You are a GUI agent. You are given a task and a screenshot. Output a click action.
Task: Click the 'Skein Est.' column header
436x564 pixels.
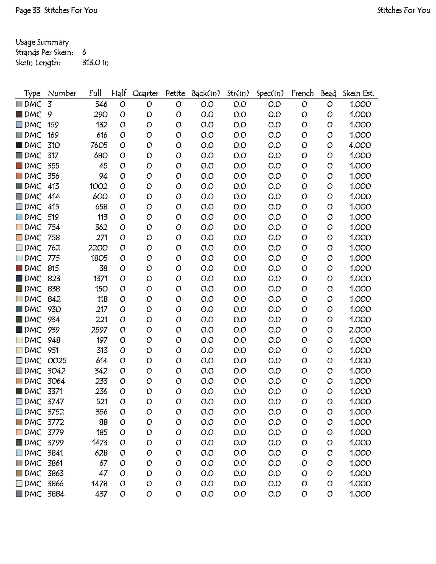coord(358,94)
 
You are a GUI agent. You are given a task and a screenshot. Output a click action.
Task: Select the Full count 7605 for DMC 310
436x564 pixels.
coord(99,145)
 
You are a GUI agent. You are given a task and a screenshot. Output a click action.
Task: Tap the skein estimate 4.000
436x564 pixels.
coord(360,145)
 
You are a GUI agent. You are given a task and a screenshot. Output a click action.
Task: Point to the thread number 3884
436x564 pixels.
coord(56,494)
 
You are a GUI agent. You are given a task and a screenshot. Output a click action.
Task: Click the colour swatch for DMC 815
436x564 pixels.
coord(19,268)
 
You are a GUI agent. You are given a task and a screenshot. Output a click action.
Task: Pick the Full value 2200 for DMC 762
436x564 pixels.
coord(98,248)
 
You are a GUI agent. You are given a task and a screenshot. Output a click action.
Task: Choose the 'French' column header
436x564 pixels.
coord(302,94)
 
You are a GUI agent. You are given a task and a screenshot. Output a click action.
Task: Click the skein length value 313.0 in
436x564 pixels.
coord(95,63)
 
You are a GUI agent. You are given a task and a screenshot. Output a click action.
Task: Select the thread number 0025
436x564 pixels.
coord(57,361)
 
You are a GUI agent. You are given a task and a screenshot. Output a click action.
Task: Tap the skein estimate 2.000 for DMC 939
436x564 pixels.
coord(360,330)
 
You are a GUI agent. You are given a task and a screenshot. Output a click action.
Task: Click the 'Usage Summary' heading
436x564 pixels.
coord(42,42)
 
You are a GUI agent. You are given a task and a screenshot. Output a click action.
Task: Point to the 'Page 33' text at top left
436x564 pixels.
coord(28,10)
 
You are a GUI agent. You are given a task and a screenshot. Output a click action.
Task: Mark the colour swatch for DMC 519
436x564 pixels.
coord(19,217)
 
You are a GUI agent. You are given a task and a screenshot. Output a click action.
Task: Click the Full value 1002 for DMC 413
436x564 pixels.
coord(98,186)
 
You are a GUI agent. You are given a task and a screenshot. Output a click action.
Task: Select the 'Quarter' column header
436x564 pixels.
coord(145,94)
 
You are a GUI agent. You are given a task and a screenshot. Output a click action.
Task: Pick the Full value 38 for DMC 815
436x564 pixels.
coord(103,268)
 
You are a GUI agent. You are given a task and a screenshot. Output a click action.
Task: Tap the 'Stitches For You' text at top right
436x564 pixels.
coord(403,10)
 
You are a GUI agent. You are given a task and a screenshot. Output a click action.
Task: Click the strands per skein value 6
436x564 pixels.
coord(84,52)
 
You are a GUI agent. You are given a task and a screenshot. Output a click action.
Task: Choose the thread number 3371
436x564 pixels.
coord(55,391)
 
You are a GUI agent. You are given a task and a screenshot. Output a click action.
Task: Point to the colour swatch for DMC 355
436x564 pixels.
coord(19,166)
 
